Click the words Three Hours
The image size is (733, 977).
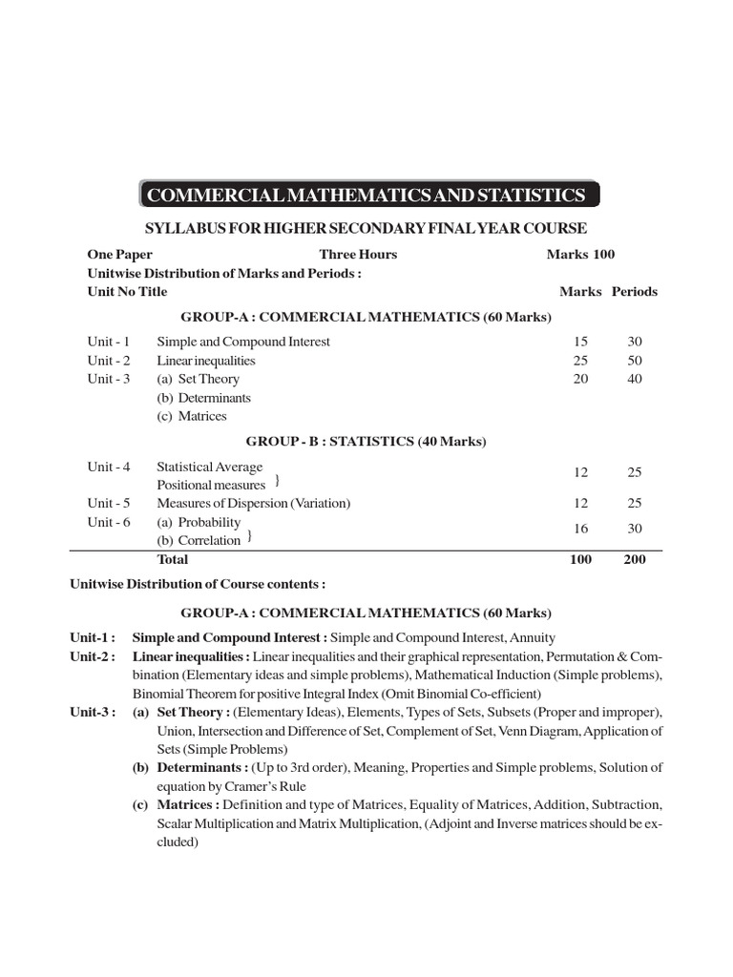pyautogui.click(x=358, y=255)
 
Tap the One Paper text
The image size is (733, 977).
pyautogui.click(x=119, y=255)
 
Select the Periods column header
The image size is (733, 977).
pyautogui.click(x=635, y=292)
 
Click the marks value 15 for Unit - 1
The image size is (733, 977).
pyautogui.click(x=580, y=342)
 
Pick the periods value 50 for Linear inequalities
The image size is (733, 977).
pyautogui.click(x=635, y=361)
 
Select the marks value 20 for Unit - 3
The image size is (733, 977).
pyautogui.click(x=580, y=379)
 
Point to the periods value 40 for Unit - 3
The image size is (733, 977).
pyautogui.click(x=635, y=379)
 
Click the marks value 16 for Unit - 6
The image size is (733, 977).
pyautogui.click(x=580, y=529)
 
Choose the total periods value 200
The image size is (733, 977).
pyautogui.click(x=635, y=560)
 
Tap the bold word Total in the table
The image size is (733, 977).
pyautogui.click(x=173, y=560)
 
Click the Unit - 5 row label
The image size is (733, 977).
pyautogui.click(x=109, y=503)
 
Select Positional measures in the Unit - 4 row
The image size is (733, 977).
pyautogui.click(x=211, y=486)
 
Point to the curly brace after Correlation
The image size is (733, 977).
pyautogui.click(x=250, y=538)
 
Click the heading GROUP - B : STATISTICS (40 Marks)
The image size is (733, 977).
pyautogui.click(x=366, y=442)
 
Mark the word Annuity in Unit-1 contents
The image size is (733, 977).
pyautogui.click(x=533, y=637)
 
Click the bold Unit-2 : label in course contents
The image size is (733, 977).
pyautogui.click(x=93, y=656)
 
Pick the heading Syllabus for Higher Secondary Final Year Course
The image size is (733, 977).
pyautogui.click(x=366, y=228)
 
